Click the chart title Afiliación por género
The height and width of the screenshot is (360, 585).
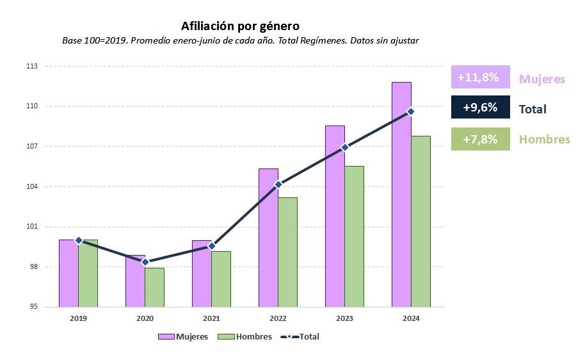(x=240, y=26)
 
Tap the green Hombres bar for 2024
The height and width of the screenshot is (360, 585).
(x=421, y=221)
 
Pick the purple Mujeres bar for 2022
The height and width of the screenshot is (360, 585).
(x=268, y=238)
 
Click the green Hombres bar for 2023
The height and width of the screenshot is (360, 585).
(x=354, y=236)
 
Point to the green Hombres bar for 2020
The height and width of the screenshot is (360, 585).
(x=154, y=287)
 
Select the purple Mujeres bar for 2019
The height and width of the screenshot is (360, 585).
(x=68, y=273)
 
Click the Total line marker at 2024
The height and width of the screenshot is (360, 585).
(x=411, y=111)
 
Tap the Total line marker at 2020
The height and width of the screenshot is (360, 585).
(x=145, y=262)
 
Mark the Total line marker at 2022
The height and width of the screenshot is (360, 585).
(x=278, y=184)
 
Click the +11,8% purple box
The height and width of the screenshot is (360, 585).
(x=480, y=77)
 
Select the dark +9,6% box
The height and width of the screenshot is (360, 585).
(x=480, y=108)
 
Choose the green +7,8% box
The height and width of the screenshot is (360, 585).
(x=480, y=139)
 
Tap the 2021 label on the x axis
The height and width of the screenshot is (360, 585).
(x=211, y=318)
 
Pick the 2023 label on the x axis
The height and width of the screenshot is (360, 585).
(x=344, y=318)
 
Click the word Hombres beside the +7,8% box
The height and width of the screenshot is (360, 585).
(x=544, y=140)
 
